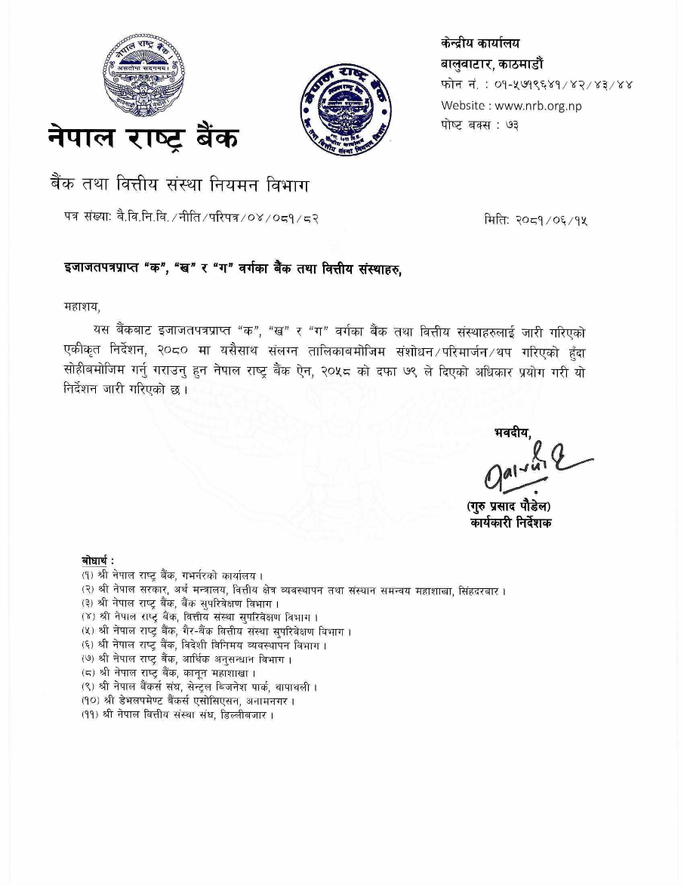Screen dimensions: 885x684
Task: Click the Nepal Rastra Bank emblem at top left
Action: pos(143,79)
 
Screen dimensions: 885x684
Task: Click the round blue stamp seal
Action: pos(346,109)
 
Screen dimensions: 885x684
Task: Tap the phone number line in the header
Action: pos(537,84)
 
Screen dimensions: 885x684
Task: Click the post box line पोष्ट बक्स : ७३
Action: pos(479,125)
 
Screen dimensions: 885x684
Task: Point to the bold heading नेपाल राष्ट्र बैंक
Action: pos(143,137)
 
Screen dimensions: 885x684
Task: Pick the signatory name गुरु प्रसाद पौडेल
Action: pos(508,506)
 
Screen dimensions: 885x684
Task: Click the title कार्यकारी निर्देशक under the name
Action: pos(510,523)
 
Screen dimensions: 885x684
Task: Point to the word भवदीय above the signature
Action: pos(513,432)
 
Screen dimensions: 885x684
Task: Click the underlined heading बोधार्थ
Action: pos(97,560)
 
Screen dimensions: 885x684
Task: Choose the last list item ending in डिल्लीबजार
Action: pos(177,714)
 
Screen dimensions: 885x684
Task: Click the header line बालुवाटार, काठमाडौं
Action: pos(491,63)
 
